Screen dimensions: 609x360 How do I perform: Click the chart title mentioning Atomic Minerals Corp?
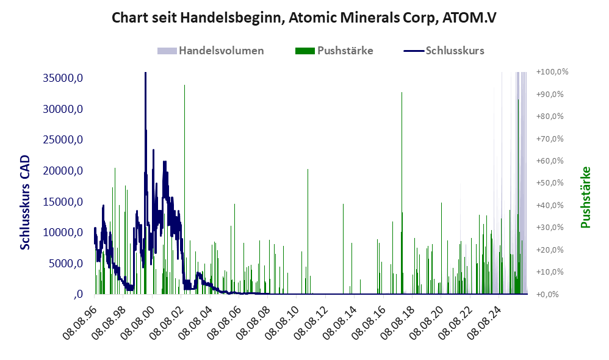click(x=304, y=18)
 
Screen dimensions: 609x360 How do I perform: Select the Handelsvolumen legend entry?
click(x=211, y=51)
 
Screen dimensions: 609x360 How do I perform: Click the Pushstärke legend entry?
click(x=334, y=51)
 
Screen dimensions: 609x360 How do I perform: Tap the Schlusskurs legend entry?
click(x=444, y=51)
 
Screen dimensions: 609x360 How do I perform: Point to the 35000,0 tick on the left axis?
click(x=62, y=78)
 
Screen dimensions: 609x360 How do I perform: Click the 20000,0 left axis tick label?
click(x=62, y=170)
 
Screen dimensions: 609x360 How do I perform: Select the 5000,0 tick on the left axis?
click(x=65, y=264)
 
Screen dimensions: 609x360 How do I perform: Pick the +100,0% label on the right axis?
click(x=552, y=72)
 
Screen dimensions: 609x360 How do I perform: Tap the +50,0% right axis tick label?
click(x=550, y=183)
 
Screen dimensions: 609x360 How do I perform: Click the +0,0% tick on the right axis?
click(x=547, y=294)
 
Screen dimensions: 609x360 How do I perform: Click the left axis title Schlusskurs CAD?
click(x=25, y=202)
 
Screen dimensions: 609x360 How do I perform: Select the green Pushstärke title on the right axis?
click(x=585, y=197)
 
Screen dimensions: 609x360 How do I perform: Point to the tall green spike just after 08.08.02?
click(x=184, y=190)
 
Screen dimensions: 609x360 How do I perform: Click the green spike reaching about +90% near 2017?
click(x=402, y=193)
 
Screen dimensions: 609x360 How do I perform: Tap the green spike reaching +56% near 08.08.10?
click(x=308, y=231)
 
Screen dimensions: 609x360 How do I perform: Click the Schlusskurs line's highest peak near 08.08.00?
click(x=145, y=73)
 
